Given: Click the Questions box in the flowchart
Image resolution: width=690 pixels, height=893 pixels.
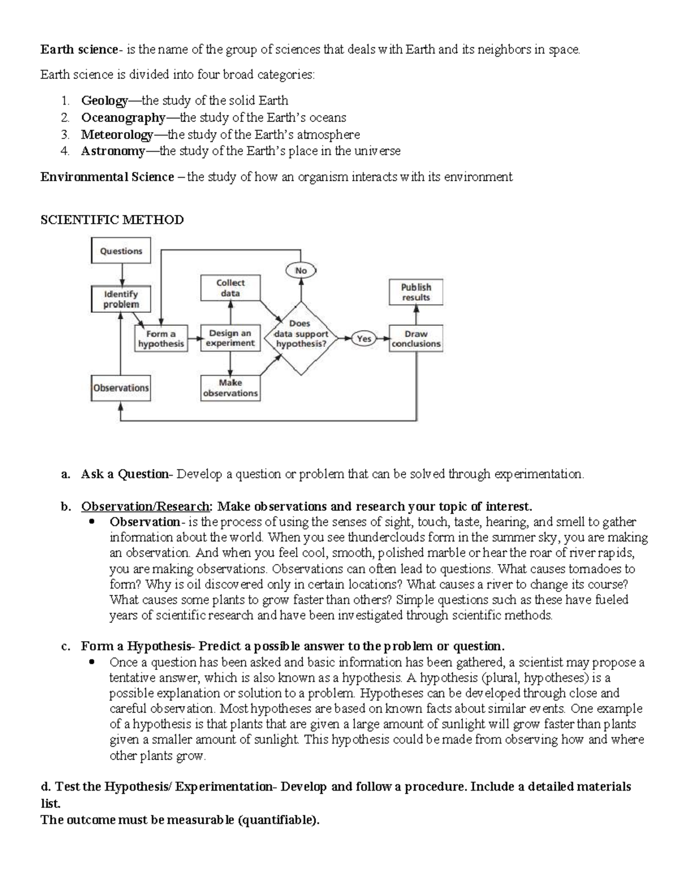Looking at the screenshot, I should pos(121,251).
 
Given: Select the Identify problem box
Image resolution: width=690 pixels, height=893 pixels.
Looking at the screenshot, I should pos(121,299).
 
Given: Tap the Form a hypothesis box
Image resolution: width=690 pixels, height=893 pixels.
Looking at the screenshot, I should pos(161,339).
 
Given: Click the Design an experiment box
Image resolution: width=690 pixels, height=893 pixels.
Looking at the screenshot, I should pos(230,338).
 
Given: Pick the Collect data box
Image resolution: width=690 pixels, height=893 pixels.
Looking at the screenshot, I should pos(231,288).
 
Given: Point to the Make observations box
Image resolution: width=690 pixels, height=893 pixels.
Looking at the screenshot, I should pos(230,388).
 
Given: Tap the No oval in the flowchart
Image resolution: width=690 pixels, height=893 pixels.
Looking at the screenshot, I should pos(301,270).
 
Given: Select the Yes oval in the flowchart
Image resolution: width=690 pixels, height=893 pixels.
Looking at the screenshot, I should pos(363,339).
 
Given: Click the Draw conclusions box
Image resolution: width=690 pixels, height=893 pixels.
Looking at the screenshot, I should pos(416,339).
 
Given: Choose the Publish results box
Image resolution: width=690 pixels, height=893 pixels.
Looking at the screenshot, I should pos(416,292).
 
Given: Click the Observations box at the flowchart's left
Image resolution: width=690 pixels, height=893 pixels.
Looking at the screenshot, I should pos(121,388).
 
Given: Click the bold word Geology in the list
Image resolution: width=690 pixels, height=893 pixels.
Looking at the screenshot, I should pos(104,101).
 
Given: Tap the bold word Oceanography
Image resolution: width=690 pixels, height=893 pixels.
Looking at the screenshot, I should pos(123,118).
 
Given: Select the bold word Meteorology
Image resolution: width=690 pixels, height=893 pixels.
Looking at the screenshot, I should pos(117,135).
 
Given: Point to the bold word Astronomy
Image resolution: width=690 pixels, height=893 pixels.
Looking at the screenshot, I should pos(113,151).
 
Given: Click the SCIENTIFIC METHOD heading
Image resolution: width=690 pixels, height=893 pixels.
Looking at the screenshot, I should pos(112,220).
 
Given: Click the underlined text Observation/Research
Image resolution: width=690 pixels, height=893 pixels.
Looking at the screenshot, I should pos(145,507).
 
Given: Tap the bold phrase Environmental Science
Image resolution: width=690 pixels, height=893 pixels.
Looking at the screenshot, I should pos(107,177).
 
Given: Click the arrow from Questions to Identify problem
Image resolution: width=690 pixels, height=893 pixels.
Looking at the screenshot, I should pos(121,275).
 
